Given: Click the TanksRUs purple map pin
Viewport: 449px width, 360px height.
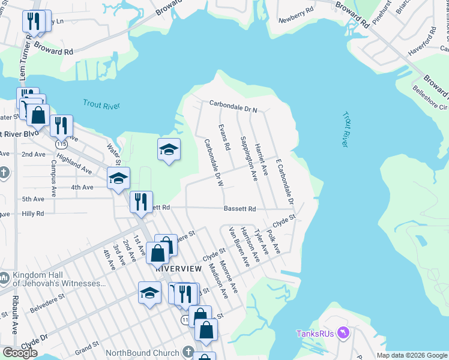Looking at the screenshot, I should pos(343,332).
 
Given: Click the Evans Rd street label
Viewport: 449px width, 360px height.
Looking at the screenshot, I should pos(225,137).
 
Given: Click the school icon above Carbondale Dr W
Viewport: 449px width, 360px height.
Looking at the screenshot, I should pos(169,149).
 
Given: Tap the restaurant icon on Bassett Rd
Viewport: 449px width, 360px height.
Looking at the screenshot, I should pos(141,202).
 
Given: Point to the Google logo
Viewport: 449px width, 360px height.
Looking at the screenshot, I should pos(20,352).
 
